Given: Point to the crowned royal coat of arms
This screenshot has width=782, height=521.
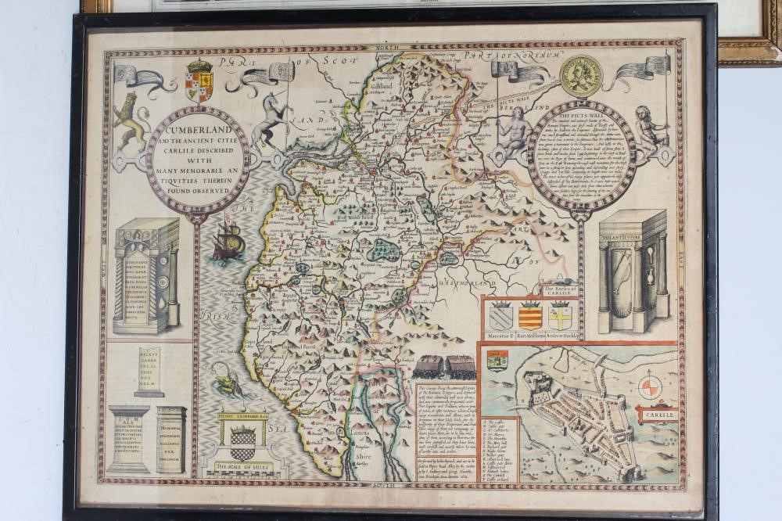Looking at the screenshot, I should [x=198, y=81].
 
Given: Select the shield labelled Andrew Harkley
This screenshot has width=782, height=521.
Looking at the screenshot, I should [x=559, y=317].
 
